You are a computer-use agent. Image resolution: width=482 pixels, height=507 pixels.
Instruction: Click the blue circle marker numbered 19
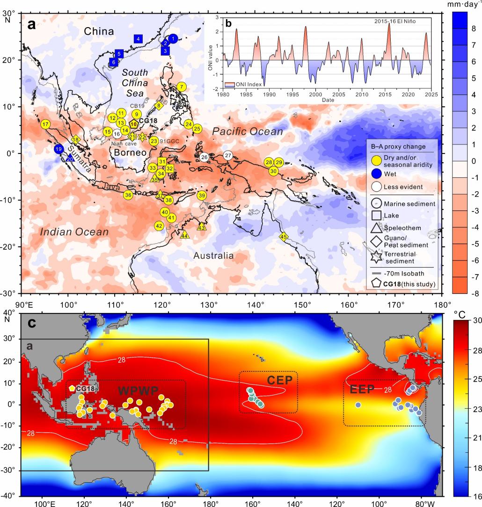pyautogui.click(x=58, y=149)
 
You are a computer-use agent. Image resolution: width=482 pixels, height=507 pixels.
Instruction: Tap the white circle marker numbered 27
pyautogui.click(x=228, y=155)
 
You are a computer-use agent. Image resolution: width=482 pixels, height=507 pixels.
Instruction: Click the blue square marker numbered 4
pyautogui.click(x=138, y=39)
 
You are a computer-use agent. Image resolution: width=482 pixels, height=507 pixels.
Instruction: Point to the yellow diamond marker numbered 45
pyautogui.click(x=283, y=237)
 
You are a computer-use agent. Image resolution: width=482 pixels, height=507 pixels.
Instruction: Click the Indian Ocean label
pyautogui.click(x=74, y=232)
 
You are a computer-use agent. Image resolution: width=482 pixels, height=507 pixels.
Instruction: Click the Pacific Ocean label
pyautogui.click(x=248, y=132)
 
